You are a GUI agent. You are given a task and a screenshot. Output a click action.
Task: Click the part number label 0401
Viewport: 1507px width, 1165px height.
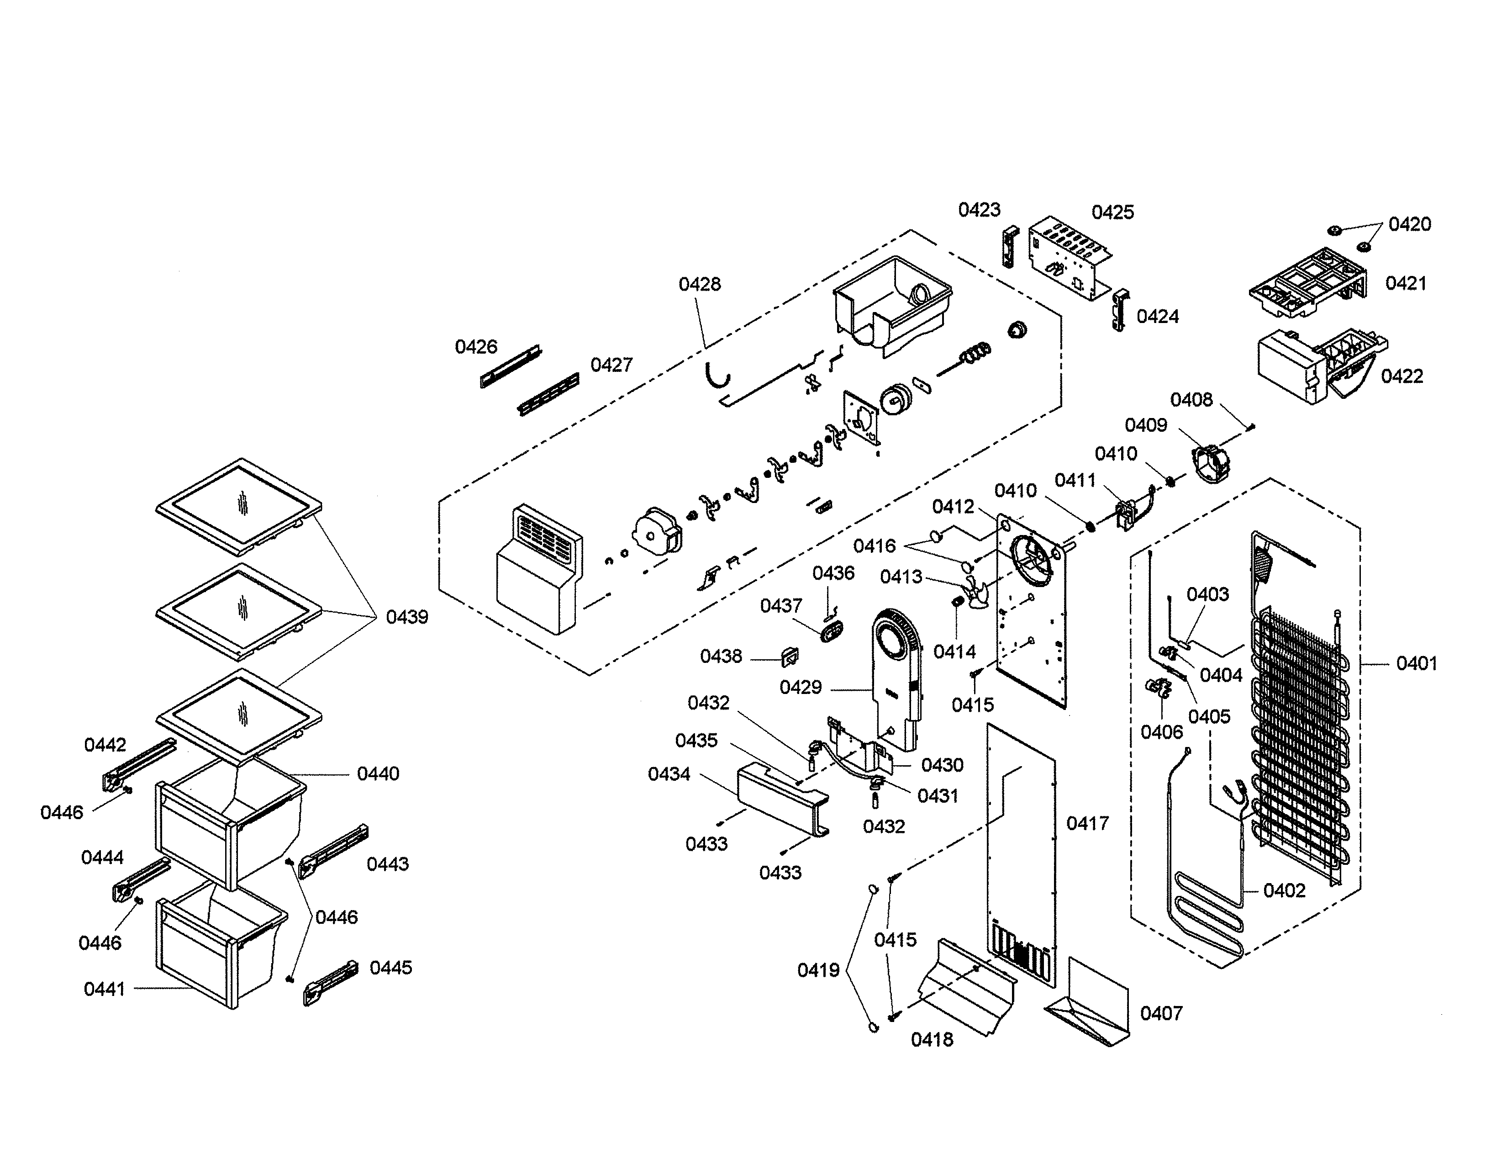click(1416, 664)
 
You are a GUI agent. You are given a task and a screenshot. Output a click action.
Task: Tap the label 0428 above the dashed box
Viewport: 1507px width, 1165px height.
click(699, 284)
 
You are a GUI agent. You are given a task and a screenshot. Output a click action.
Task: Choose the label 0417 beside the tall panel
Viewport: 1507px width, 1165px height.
click(1087, 823)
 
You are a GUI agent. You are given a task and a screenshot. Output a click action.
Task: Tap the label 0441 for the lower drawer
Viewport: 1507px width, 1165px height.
click(104, 989)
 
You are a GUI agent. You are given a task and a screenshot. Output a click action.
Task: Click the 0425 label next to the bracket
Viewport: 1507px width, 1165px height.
click(1112, 212)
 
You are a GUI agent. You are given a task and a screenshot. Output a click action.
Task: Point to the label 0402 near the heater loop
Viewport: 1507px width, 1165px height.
click(1284, 890)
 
